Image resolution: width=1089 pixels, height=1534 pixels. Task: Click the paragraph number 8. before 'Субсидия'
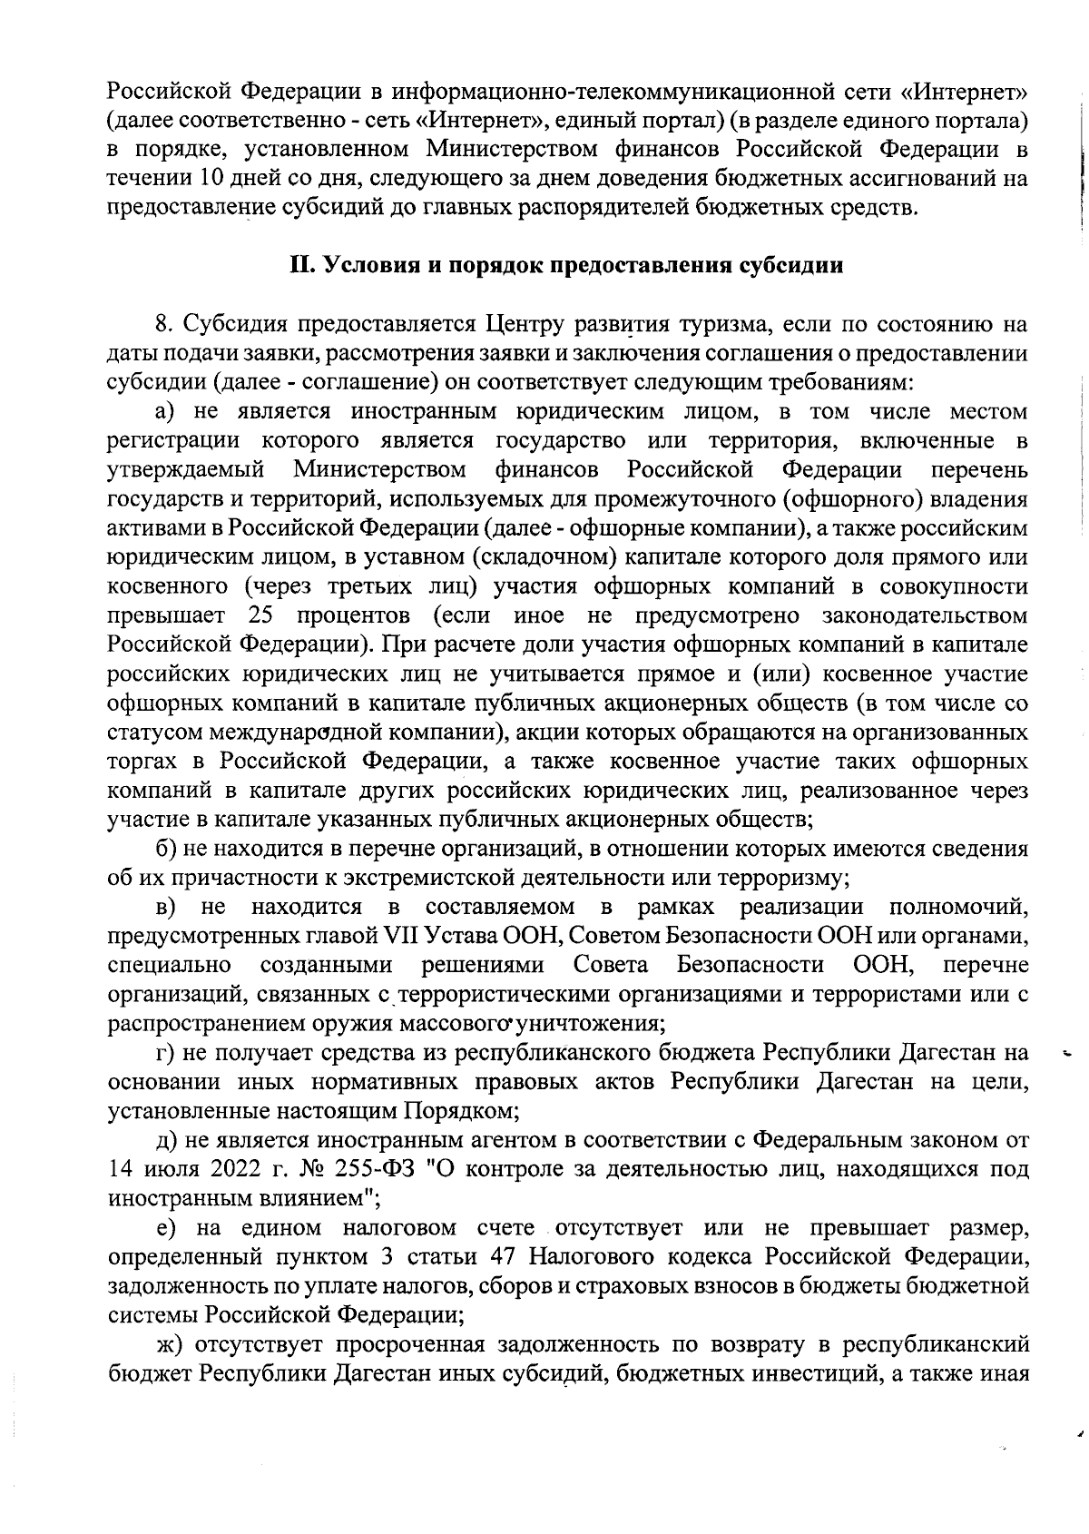click(x=163, y=324)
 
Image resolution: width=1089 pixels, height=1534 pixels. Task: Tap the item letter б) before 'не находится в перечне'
click(x=165, y=849)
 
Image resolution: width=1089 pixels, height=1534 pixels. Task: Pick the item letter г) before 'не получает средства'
click(x=164, y=1053)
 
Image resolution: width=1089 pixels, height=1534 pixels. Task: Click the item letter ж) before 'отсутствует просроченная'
click(x=168, y=1344)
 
